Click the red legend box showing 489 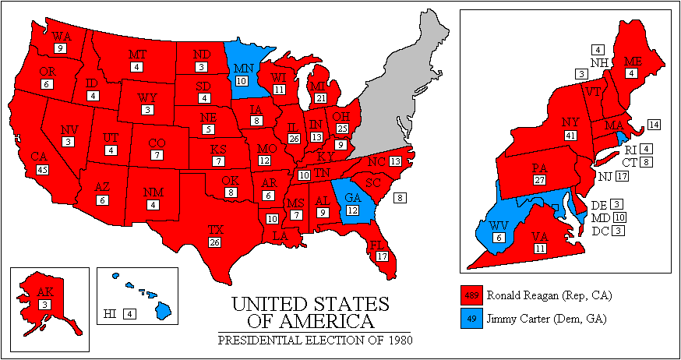pos(472,296)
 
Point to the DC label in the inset pos(600,231)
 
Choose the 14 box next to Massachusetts pos(654,125)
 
